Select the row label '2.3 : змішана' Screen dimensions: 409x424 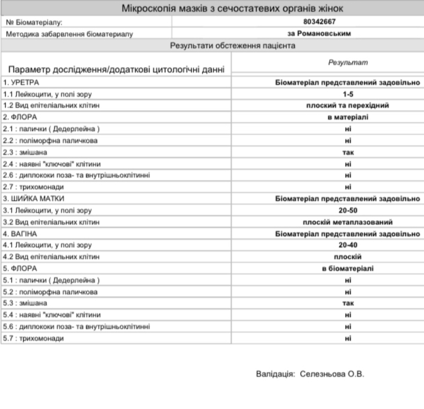click(25, 152)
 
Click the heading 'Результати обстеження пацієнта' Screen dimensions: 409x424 click(212, 46)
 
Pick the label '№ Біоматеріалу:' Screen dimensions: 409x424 click(34, 23)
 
